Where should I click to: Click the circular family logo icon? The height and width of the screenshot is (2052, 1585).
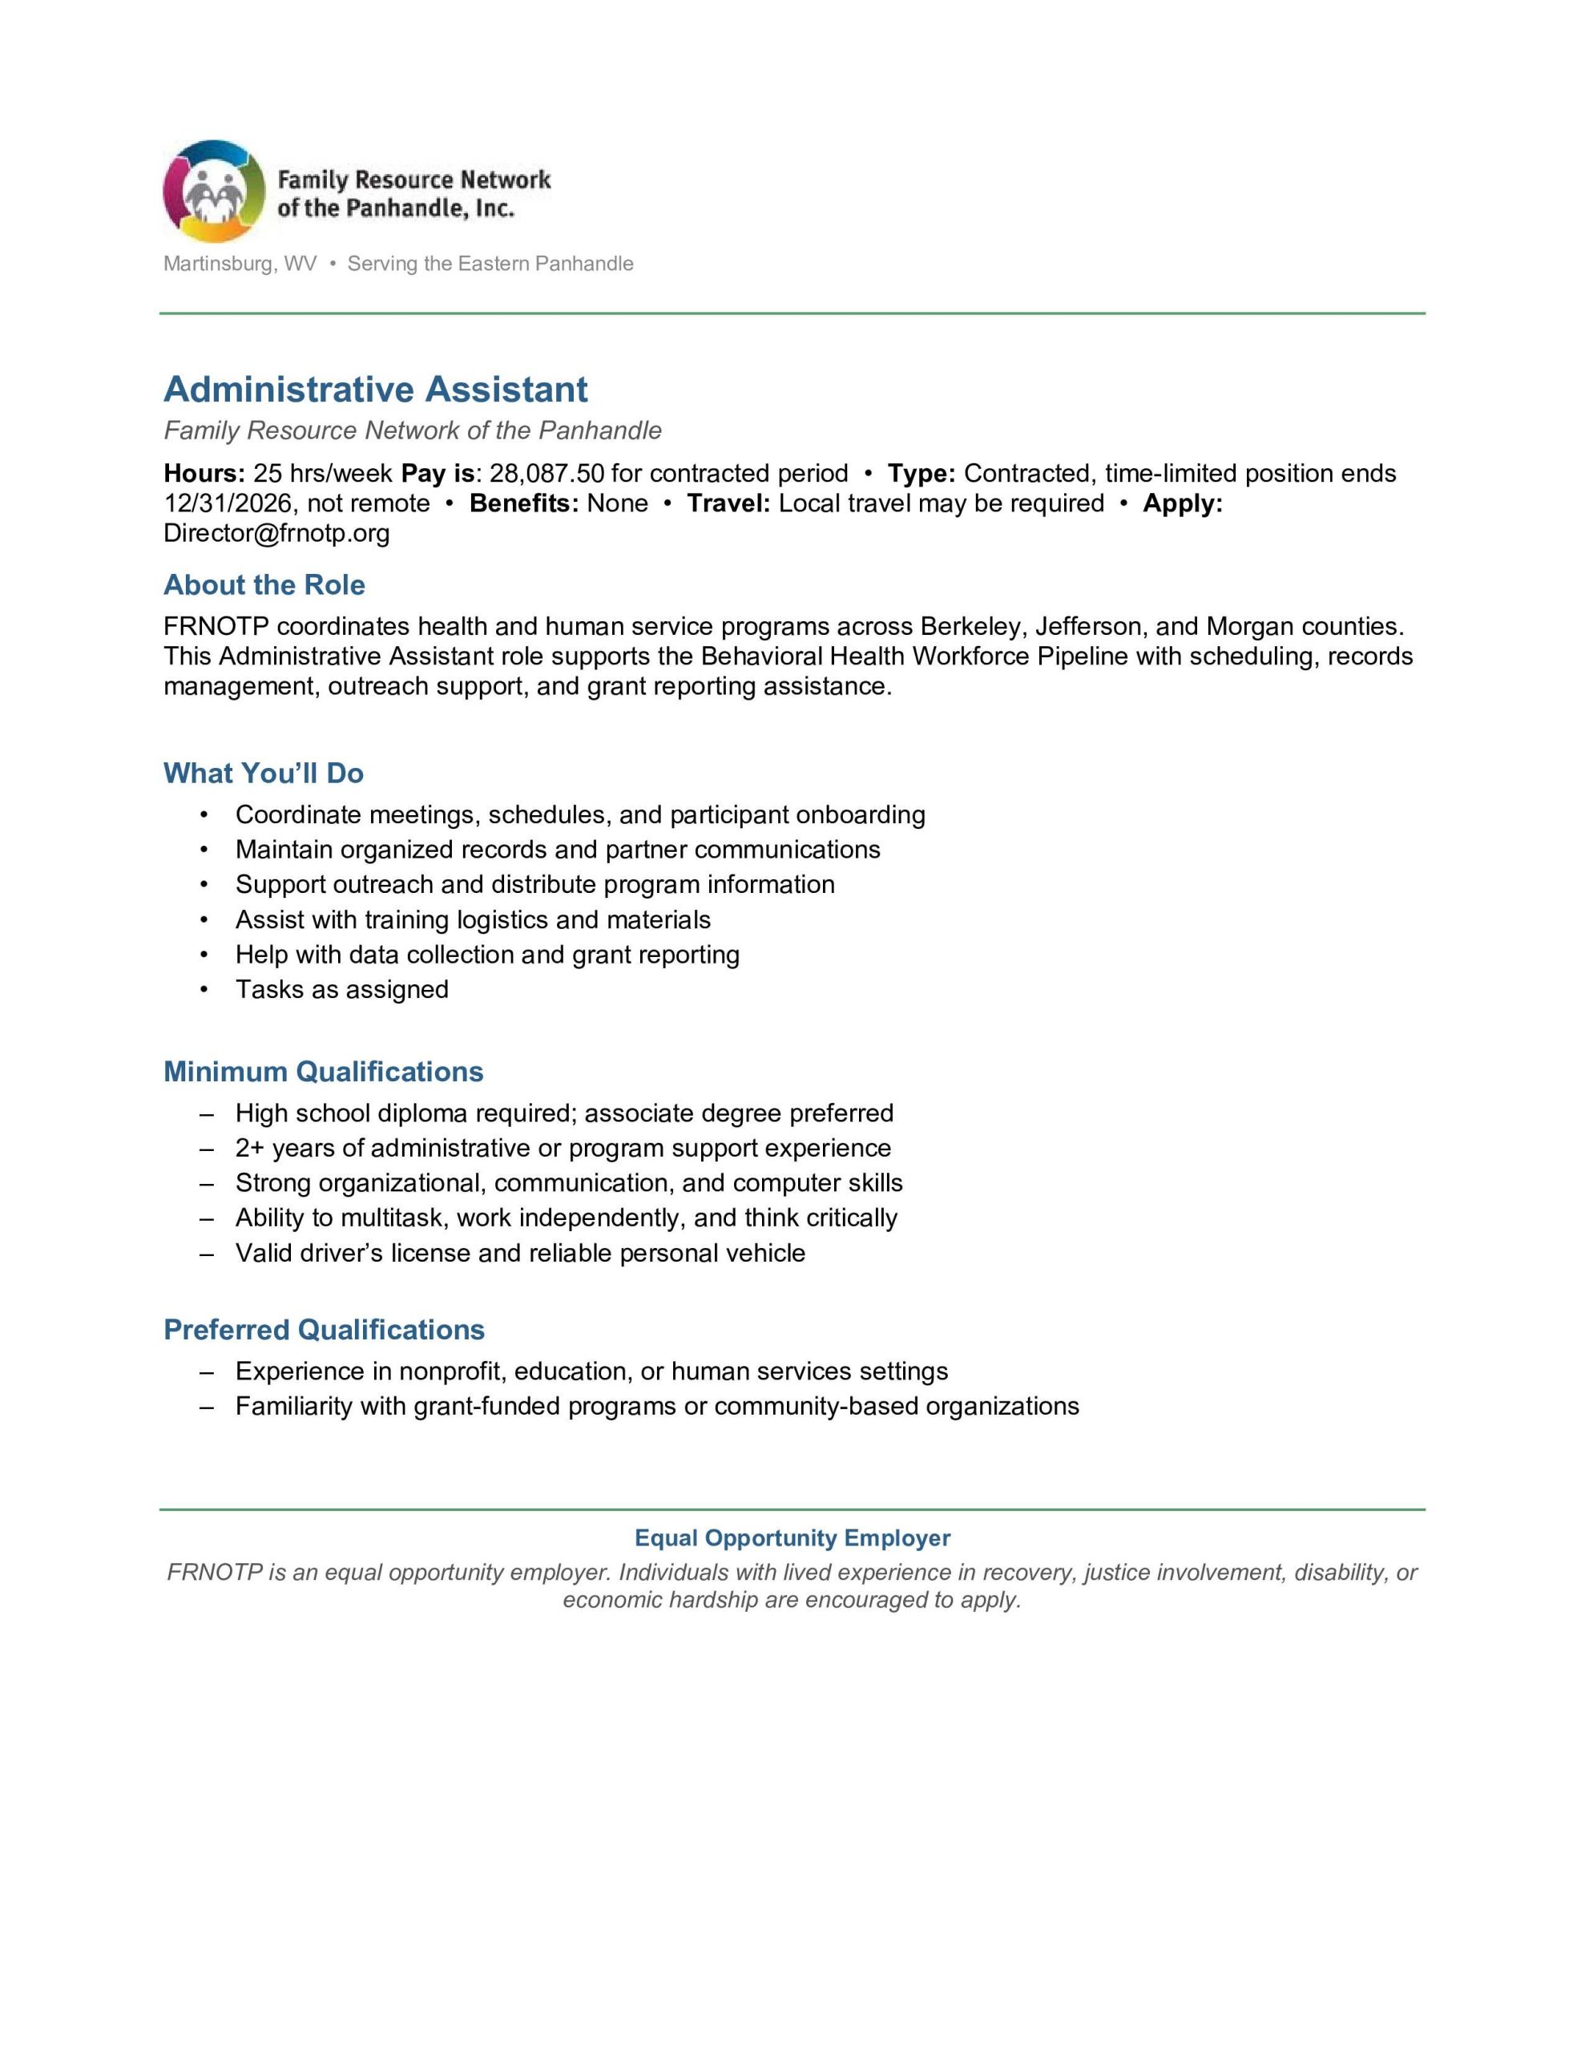pyautogui.click(x=213, y=192)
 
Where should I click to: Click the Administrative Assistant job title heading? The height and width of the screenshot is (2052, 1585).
pyautogui.click(x=376, y=389)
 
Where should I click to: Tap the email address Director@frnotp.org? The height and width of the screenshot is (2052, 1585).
pyautogui.click(x=276, y=534)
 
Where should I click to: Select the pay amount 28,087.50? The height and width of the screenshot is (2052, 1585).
pyautogui.click(x=546, y=474)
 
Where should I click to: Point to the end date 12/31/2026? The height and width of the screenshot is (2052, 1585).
pyautogui.click(x=228, y=503)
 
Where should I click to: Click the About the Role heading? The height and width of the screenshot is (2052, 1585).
pyautogui.click(x=264, y=585)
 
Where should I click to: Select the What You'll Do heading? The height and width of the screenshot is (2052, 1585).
pyautogui.click(x=263, y=774)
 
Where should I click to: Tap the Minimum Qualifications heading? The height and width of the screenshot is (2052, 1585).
pyautogui.click(x=323, y=1072)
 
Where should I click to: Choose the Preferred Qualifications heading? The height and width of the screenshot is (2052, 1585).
pyautogui.click(x=325, y=1331)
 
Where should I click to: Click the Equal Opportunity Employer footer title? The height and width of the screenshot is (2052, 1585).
pyautogui.click(x=792, y=1538)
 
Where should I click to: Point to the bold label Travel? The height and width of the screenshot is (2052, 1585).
pyautogui.click(x=728, y=503)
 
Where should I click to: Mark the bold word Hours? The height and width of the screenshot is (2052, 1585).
pyautogui.click(x=204, y=474)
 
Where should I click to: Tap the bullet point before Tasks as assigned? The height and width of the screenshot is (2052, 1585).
pyautogui.click(x=204, y=989)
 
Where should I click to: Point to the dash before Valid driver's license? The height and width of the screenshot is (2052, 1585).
pyautogui.click(x=207, y=1254)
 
